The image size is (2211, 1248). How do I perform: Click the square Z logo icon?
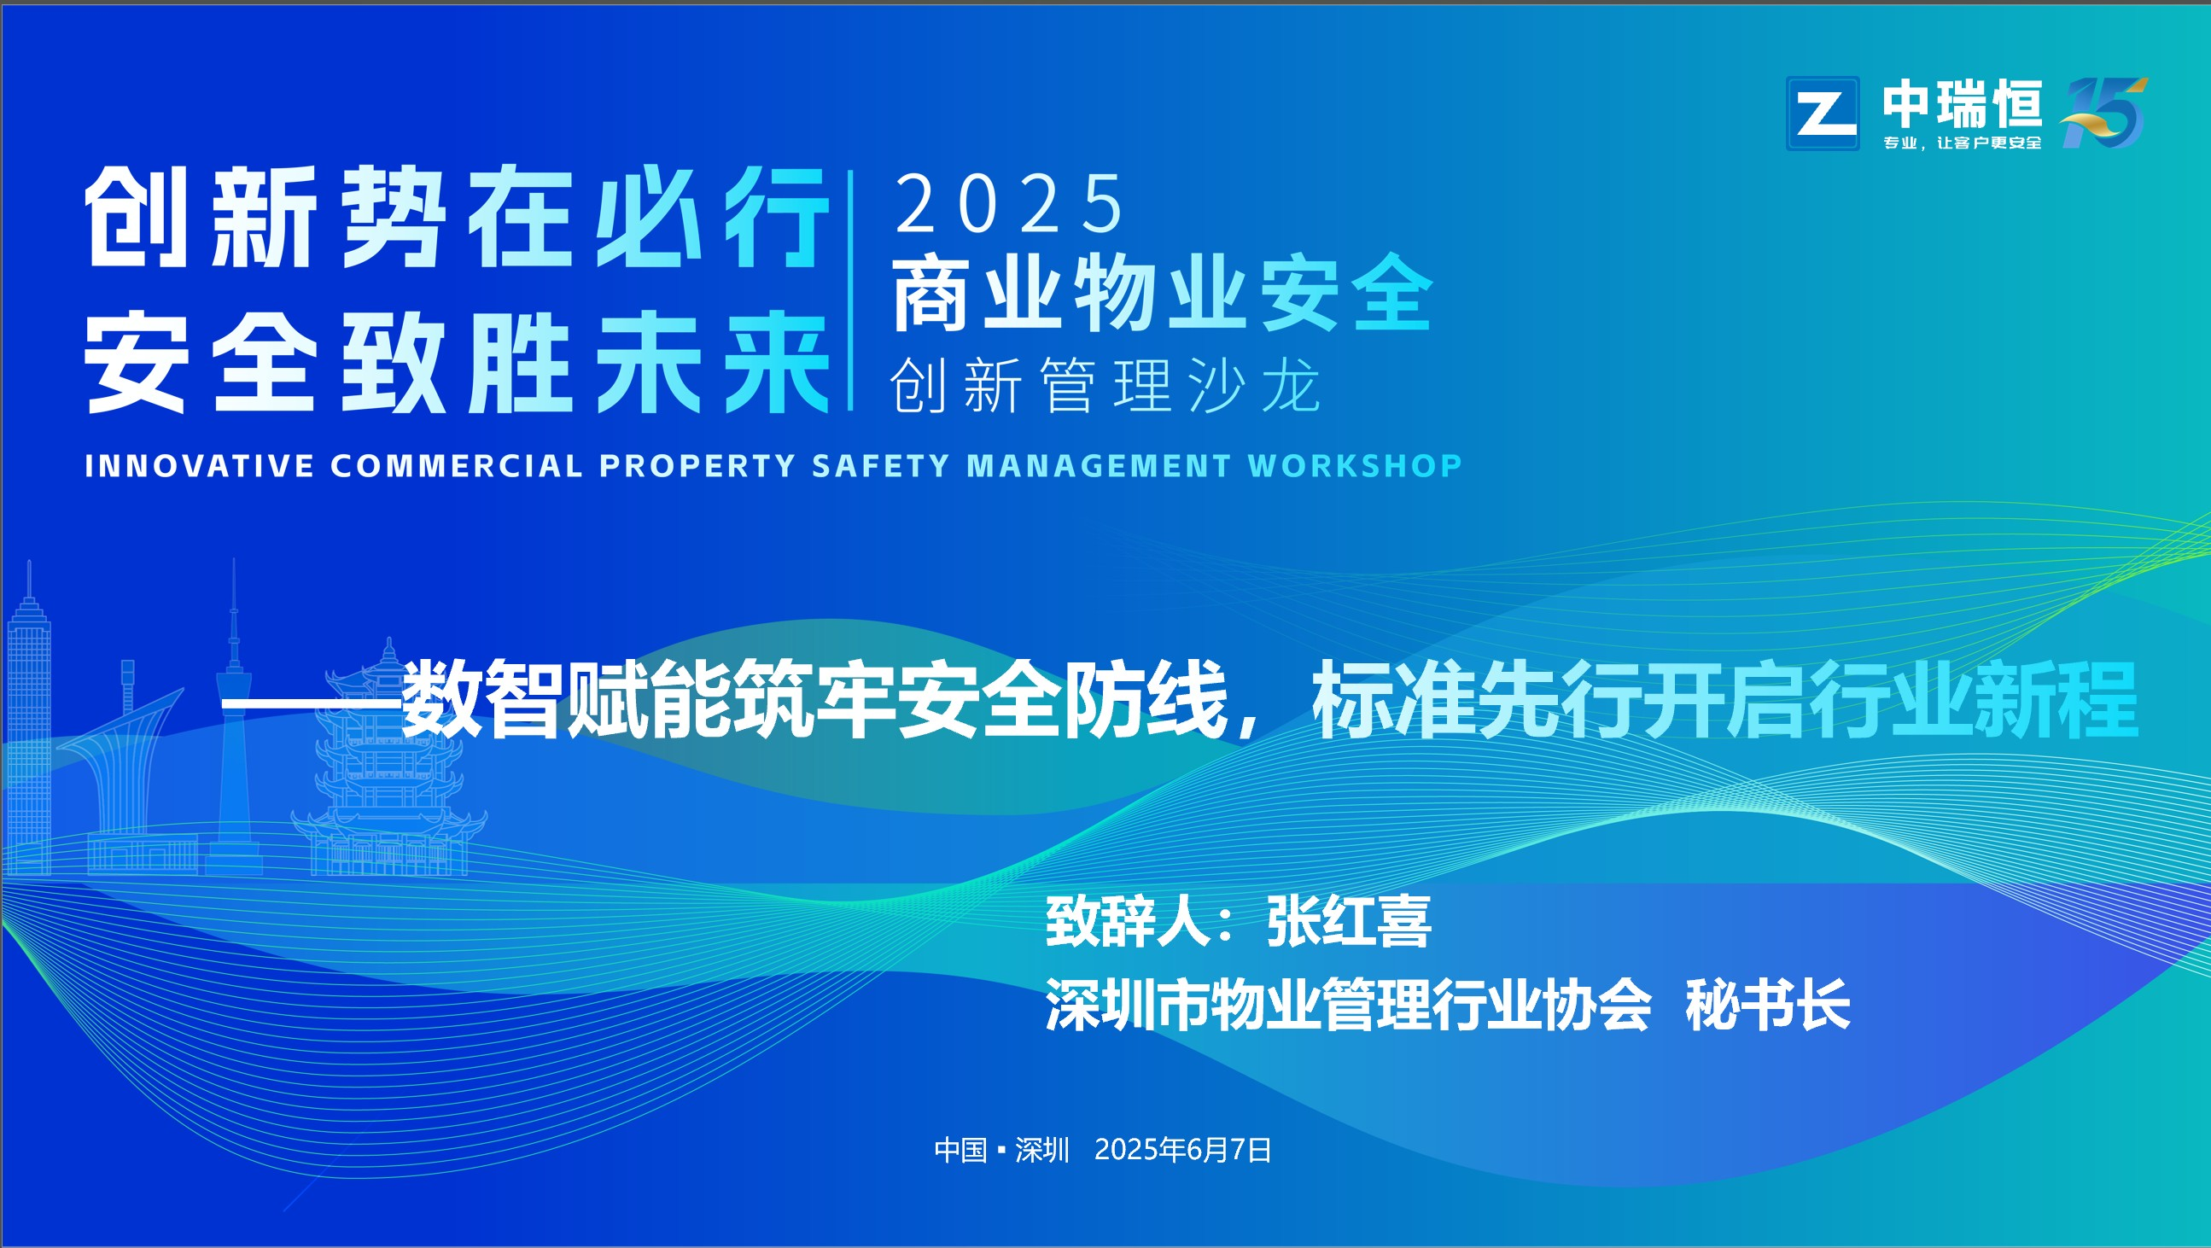tap(1823, 114)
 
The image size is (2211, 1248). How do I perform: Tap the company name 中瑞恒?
tap(1962, 103)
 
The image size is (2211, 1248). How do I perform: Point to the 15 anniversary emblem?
tap(2103, 112)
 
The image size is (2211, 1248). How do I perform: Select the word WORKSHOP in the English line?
tap(1355, 465)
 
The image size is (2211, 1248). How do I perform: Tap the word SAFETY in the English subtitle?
tap(880, 465)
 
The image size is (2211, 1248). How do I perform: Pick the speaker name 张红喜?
tap(1349, 921)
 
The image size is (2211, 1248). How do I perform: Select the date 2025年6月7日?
tap(1182, 1149)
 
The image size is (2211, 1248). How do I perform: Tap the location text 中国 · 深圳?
tap(1001, 1149)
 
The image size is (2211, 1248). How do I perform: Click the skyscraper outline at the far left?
tap(29, 721)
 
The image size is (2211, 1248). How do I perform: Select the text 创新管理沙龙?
tap(1105, 385)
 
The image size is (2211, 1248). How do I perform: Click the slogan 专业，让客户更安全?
tap(1962, 143)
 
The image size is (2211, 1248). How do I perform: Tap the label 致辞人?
tap(1127, 921)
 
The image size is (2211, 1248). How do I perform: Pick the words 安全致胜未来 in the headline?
tap(456, 362)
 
